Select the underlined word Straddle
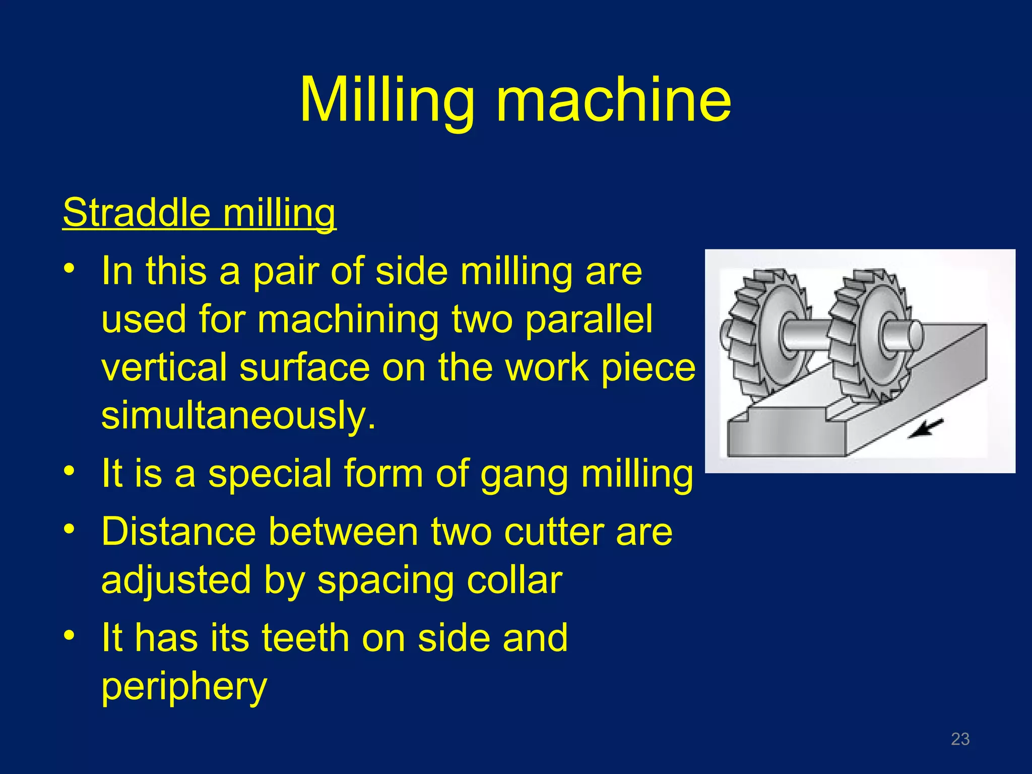(137, 213)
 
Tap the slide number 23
(960, 739)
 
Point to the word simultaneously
(238, 415)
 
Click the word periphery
(184, 686)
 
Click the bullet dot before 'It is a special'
(69, 471)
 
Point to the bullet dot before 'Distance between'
(69, 529)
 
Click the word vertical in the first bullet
(164, 367)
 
